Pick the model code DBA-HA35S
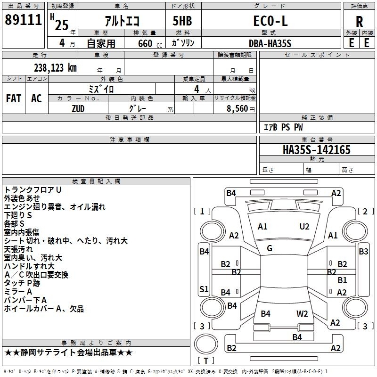tap(270, 43)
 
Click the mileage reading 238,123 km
tap(55, 67)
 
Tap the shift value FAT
tap(14, 98)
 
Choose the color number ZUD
tap(78, 108)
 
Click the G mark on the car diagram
tap(270, 248)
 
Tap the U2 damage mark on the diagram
tap(304, 227)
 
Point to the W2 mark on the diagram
tap(302, 313)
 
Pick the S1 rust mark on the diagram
tap(204, 289)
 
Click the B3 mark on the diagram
tap(363, 251)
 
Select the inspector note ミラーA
tap(18, 292)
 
